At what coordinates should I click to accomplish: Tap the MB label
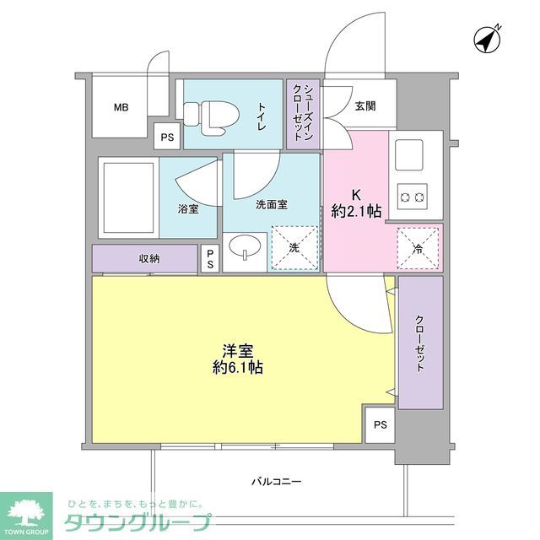pyautogui.click(x=122, y=107)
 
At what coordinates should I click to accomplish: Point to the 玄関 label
pyautogui.click(x=365, y=106)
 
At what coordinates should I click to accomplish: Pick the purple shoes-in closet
pyautogui.click(x=305, y=115)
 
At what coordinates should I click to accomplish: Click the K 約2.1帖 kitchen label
pyautogui.click(x=356, y=202)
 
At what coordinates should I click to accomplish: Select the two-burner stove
pyautogui.click(x=412, y=197)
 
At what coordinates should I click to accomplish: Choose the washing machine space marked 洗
pyautogui.click(x=294, y=248)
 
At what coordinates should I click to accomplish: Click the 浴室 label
pyautogui.click(x=188, y=208)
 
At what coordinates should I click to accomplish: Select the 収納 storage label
pyautogui.click(x=149, y=259)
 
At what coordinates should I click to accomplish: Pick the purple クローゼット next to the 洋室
pyautogui.click(x=420, y=343)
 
